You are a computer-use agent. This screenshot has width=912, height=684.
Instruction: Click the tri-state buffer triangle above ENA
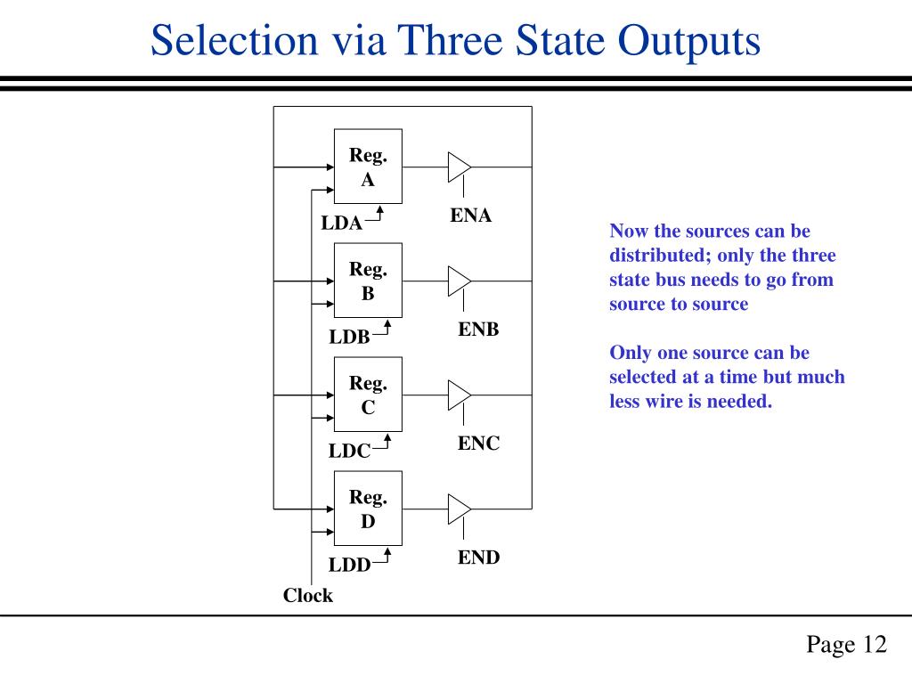(459, 167)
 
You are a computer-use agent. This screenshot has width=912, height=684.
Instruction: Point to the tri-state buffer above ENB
(459, 281)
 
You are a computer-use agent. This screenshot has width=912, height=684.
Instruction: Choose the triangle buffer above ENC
(459, 395)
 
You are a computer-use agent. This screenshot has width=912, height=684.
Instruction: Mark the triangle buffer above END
(459, 509)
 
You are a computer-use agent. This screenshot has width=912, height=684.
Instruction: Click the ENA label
(470, 216)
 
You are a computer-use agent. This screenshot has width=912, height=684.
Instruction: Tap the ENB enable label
(478, 330)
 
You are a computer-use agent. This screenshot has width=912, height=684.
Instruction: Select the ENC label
(478, 444)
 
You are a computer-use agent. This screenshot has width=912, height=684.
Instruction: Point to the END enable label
(478, 558)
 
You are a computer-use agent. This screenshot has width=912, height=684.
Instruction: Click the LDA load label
(341, 223)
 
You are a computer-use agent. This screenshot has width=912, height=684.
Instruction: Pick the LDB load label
(349, 337)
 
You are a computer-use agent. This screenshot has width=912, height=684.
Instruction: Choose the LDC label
(349, 451)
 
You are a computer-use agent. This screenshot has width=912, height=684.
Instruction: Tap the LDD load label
(349, 565)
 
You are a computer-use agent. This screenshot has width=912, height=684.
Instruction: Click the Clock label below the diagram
(307, 596)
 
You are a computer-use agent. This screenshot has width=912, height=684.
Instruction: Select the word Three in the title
(450, 40)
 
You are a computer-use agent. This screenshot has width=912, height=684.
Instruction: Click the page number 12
(875, 645)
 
